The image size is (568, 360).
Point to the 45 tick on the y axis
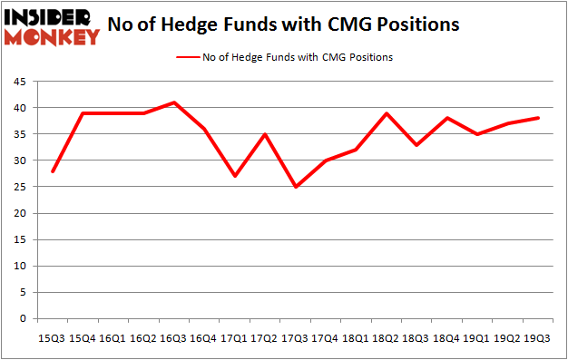[20, 81]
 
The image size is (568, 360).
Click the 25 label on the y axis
[20, 187]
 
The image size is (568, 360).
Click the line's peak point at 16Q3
[172, 102]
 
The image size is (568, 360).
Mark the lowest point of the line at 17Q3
[294, 187]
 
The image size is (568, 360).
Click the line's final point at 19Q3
[539, 118]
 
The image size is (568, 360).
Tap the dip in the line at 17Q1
[233, 176]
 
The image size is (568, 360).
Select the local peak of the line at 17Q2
[264, 134]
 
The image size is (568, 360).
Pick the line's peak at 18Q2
[387, 113]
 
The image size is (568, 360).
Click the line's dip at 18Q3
[416, 145]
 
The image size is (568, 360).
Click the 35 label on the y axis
[20, 134]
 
